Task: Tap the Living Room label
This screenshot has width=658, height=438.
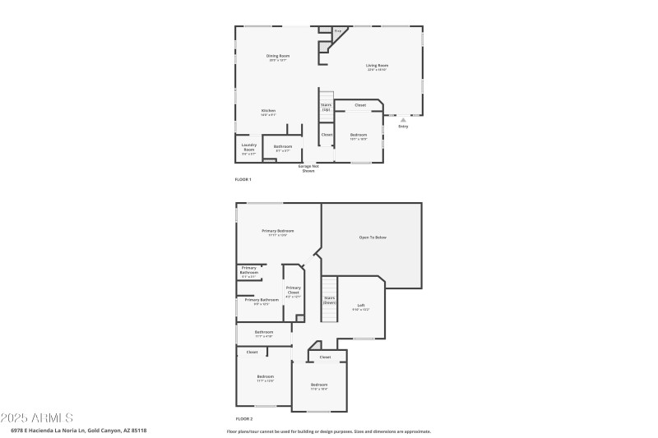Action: point(378,66)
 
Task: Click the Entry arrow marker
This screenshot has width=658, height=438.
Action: point(403,119)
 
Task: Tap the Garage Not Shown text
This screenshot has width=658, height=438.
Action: point(308,168)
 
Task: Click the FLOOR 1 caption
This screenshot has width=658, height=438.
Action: point(243,179)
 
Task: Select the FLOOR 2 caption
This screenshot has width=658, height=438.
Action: point(243,419)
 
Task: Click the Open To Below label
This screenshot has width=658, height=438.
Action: point(373,237)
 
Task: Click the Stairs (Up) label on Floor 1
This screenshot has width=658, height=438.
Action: point(327,107)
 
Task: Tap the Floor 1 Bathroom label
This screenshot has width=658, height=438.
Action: point(283,147)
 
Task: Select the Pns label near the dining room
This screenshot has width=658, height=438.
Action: point(337,30)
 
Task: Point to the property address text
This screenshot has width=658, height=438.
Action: point(78,430)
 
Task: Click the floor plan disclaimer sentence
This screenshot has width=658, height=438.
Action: point(328,431)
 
